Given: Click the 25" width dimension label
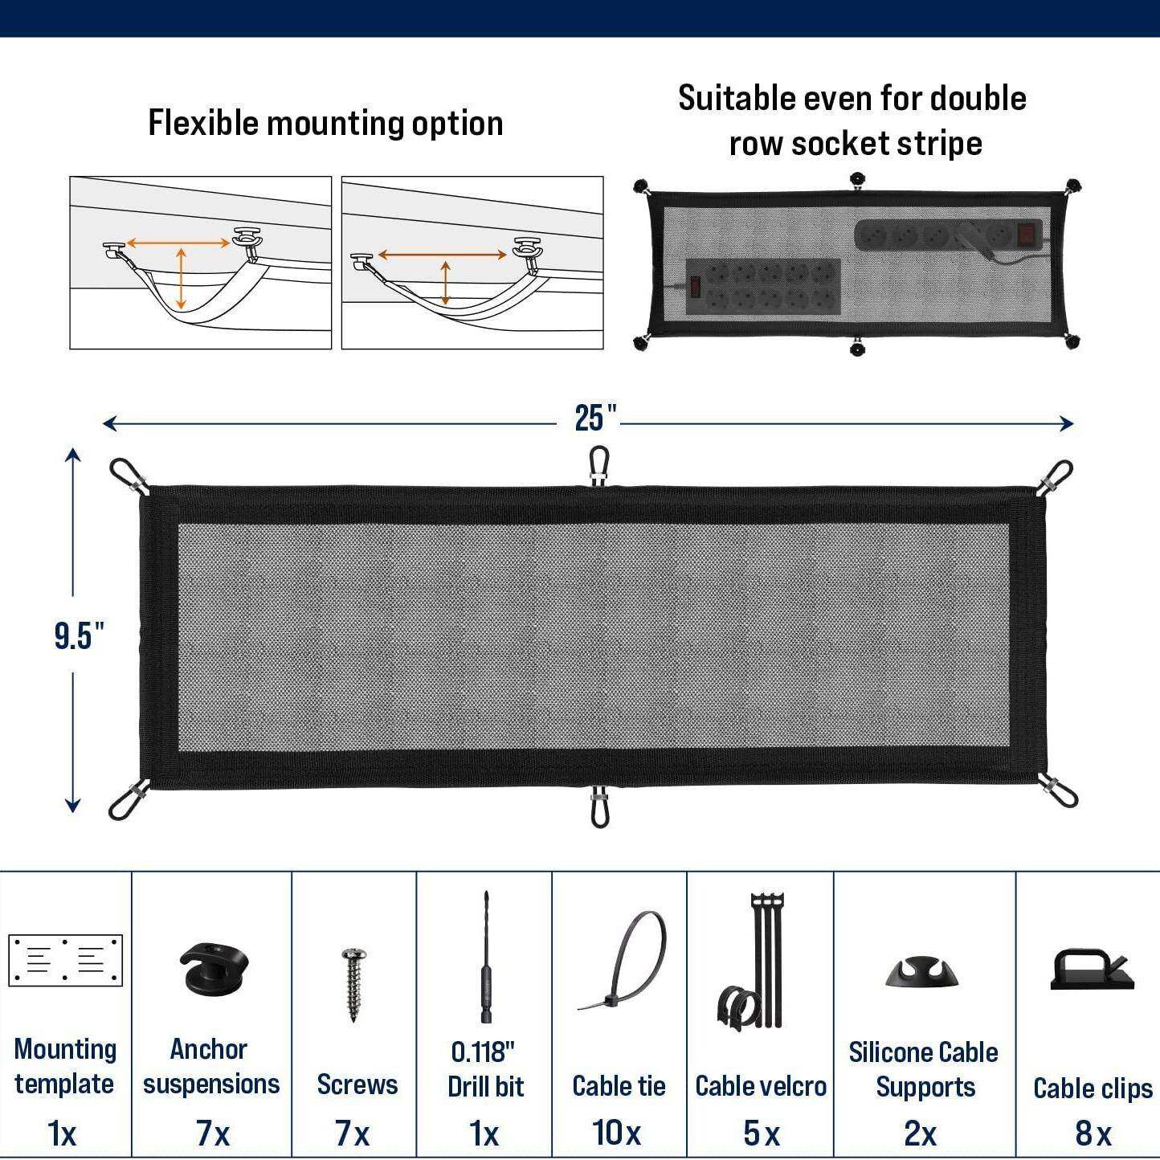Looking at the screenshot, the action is coord(595,418).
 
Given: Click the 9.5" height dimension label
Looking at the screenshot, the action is coord(79,635).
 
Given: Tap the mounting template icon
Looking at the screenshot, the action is coord(65,960).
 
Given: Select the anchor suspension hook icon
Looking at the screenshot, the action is coord(214,967).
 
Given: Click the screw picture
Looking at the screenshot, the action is coord(353,984).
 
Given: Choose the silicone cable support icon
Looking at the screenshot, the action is coord(922,972).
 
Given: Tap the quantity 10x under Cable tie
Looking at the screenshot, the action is coord(617,1133).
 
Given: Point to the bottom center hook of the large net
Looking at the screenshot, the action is coord(599,808).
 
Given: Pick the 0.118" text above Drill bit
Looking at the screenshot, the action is coord(483,1052).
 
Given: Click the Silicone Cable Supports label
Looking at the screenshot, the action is coord(924,1069).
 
